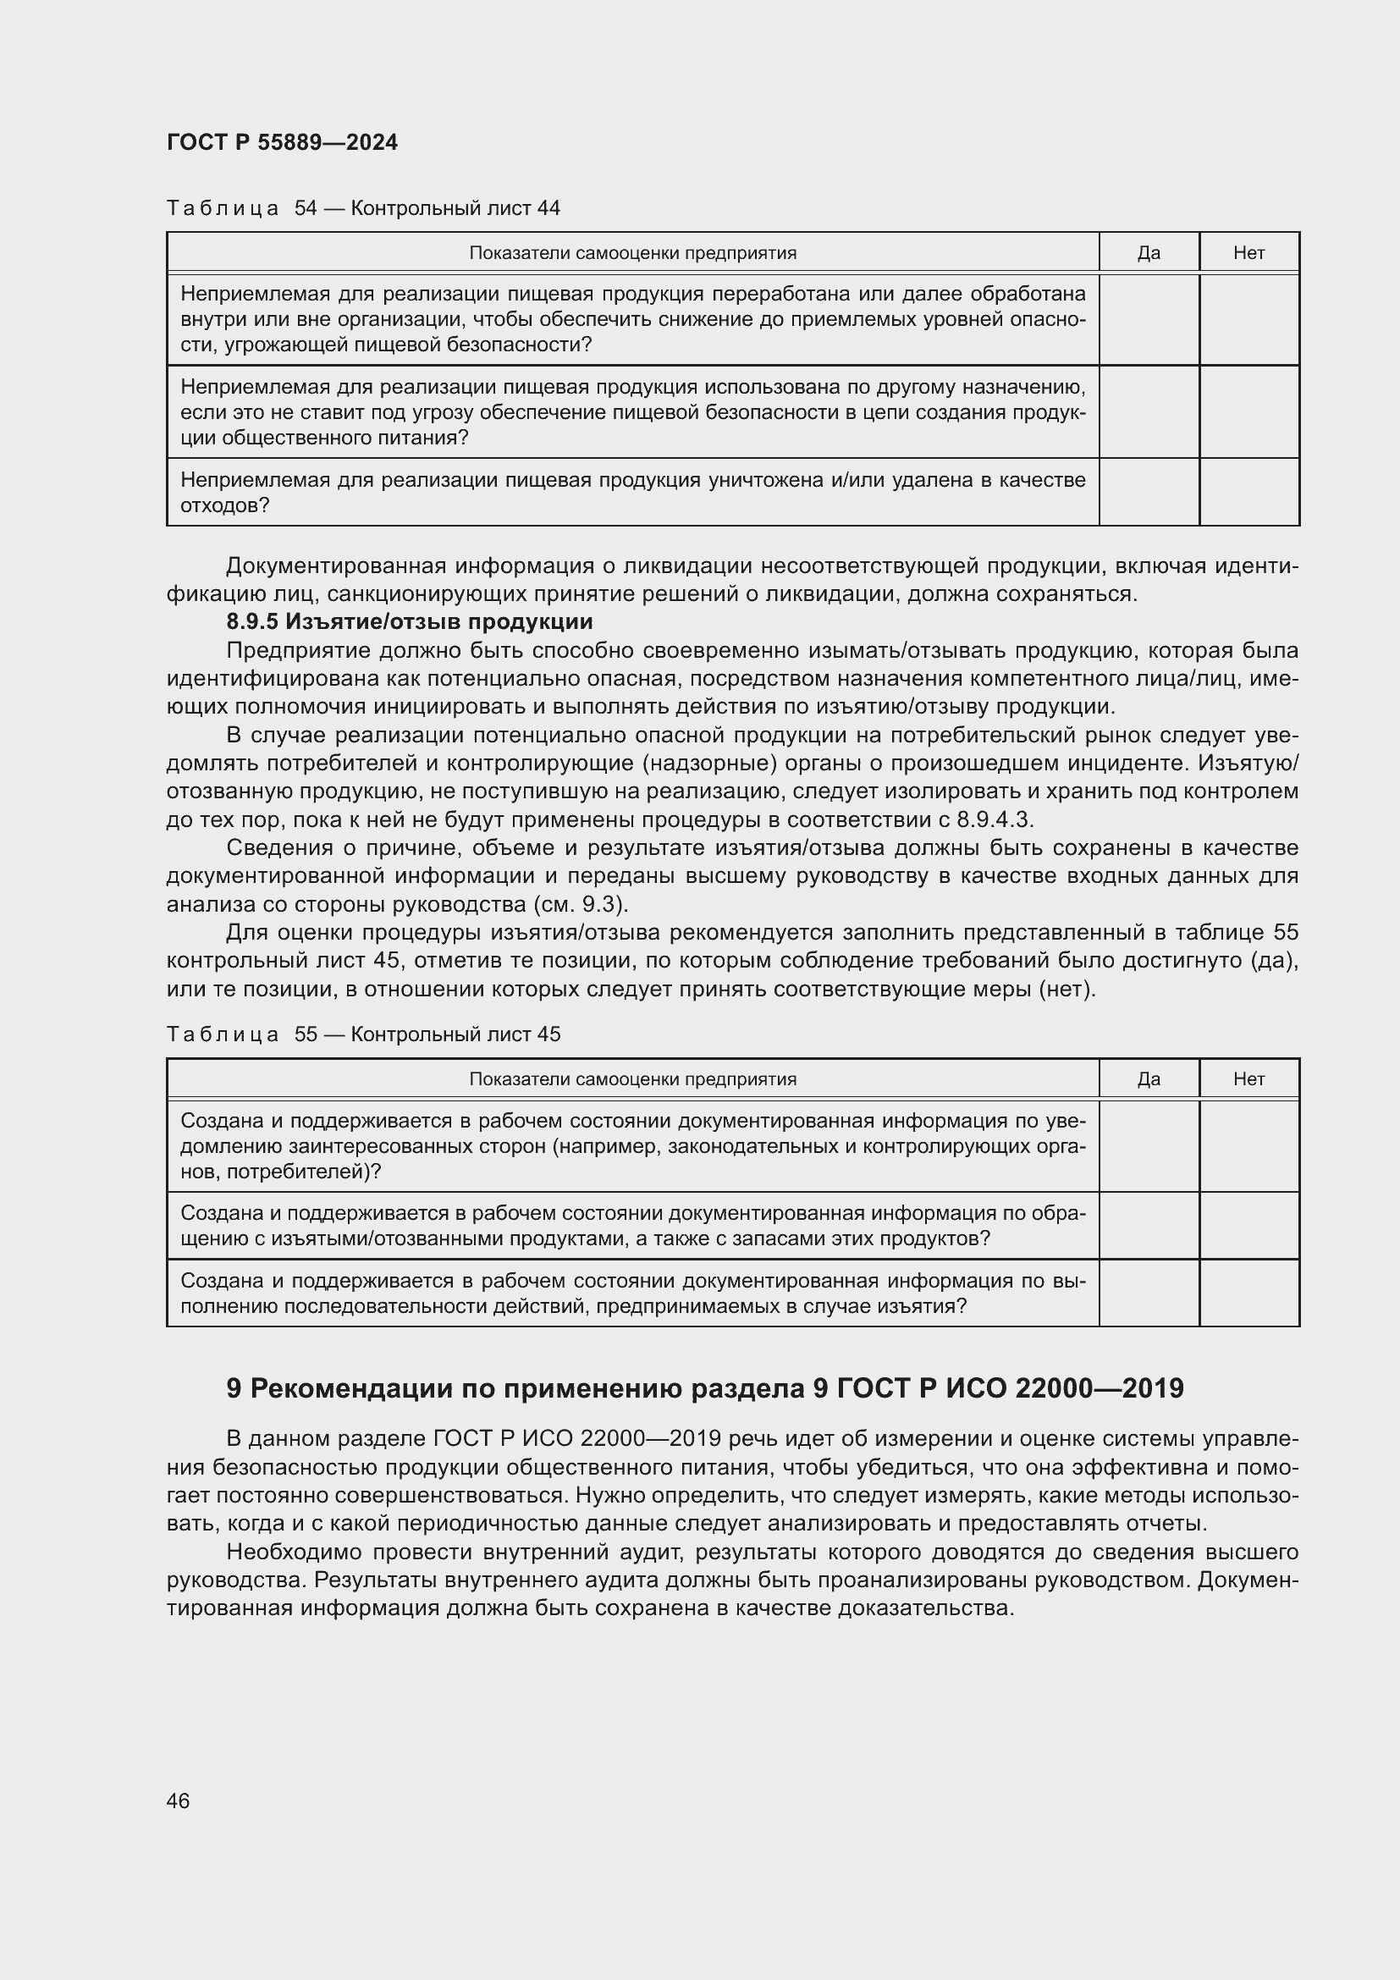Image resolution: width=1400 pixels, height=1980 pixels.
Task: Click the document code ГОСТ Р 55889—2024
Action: click(282, 142)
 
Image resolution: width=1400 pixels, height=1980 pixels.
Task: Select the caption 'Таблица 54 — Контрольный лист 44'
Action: click(363, 208)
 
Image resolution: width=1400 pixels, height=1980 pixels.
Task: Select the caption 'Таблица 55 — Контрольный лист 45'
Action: click(363, 1034)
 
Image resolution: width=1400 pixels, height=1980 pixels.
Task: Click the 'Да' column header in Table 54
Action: click(1149, 252)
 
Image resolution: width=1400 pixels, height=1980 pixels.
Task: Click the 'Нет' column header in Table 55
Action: click(1248, 1078)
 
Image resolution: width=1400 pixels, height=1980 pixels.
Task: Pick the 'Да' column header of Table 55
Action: click(1149, 1078)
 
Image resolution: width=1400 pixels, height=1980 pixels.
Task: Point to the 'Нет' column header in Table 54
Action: click(1248, 252)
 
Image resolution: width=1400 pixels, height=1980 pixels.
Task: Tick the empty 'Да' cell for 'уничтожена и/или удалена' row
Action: click(1149, 492)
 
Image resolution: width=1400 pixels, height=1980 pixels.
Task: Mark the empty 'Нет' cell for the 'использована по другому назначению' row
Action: click(1248, 411)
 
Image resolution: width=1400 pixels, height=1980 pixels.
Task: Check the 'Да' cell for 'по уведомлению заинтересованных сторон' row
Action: click(1149, 1146)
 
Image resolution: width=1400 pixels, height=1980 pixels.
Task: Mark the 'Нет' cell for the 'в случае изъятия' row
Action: click(1248, 1293)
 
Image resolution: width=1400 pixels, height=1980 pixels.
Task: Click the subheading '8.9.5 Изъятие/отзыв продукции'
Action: click(410, 622)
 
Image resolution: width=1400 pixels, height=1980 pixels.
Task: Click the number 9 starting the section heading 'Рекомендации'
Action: click(233, 1388)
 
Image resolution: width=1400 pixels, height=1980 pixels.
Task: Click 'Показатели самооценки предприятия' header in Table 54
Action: click(632, 252)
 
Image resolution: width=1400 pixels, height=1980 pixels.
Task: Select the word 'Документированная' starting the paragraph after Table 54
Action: click(334, 566)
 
